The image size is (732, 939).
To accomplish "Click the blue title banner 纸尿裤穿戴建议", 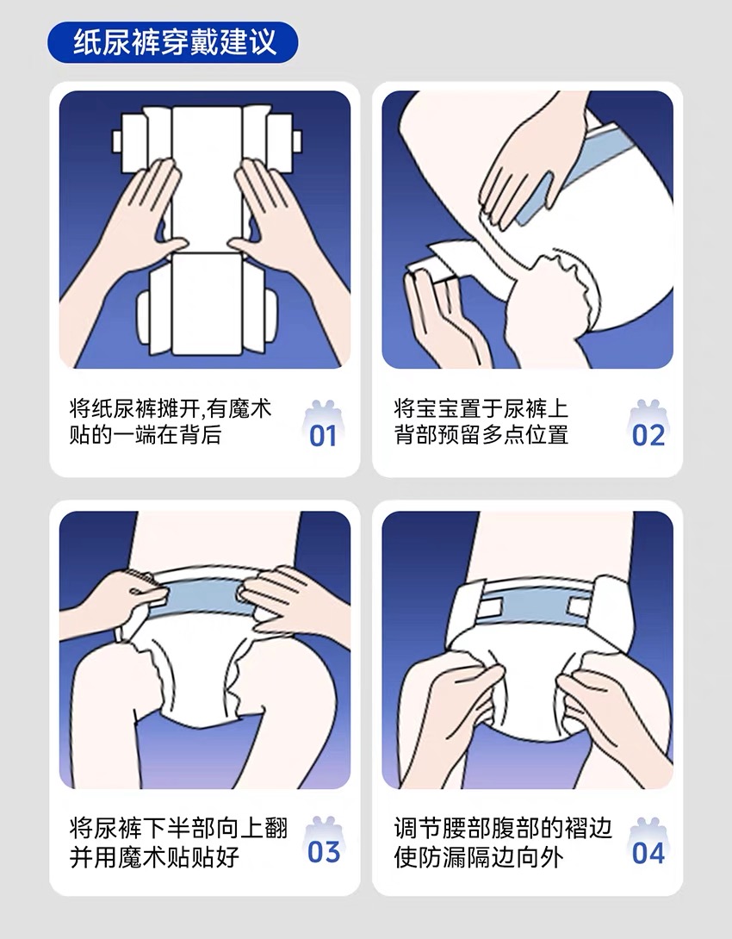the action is tap(172, 42).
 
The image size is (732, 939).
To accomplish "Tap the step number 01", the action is tap(323, 435).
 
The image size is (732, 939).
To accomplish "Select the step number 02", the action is tap(648, 435).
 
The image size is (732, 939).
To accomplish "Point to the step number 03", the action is tap(323, 852).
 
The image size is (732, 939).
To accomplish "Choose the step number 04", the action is tap(648, 852).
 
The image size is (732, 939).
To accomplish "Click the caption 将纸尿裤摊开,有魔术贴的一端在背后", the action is tap(171, 421).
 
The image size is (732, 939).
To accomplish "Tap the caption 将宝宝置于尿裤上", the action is tap(481, 408).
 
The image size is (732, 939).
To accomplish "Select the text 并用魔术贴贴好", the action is tap(154, 857).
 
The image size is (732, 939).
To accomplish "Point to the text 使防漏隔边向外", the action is tap(479, 857).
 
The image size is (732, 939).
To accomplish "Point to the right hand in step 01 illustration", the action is tap(282, 221).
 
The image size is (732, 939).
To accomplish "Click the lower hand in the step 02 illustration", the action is tap(443, 317).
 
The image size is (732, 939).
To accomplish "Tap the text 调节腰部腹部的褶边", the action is tap(503, 829).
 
